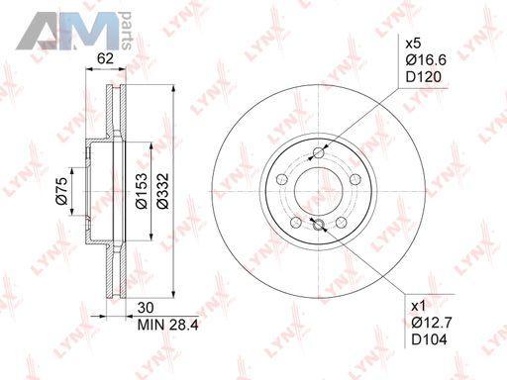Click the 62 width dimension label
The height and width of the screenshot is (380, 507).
pyautogui.click(x=105, y=58)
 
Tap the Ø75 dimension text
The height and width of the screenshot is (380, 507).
pyautogui.click(x=62, y=191)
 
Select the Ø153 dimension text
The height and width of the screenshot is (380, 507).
pyautogui.click(x=142, y=191)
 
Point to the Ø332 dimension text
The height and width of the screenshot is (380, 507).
pyautogui.click(x=162, y=191)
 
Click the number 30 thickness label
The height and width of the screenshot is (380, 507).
pyautogui.click(x=146, y=308)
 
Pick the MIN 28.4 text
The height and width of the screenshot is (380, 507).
pyautogui.click(x=167, y=326)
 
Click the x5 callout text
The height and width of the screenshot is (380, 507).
pyautogui.click(x=413, y=44)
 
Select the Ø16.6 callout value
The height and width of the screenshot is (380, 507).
pyautogui.click(x=426, y=60)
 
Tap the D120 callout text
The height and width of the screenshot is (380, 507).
pyautogui.click(x=424, y=77)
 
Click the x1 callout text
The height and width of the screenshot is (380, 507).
pyautogui.click(x=419, y=307)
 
